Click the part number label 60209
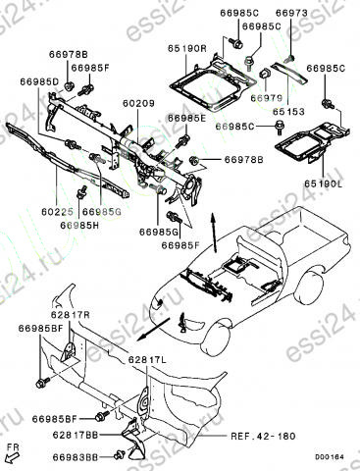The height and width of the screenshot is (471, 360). pyautogui.click(x=138, y=103)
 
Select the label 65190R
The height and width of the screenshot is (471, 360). pyautogui.click(x=187, y=49)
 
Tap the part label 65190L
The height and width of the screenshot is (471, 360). pyautogui.click(x=323, y=184)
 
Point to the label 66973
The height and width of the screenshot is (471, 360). pyautogui.click(x=291, y=13)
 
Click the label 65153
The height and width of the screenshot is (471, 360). pyautogui.click(x=288, y=112)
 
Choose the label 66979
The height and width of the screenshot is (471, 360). pyautogui.click(x=267, y=98)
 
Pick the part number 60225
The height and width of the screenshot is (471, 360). pyautogui.click(x=57, y=212)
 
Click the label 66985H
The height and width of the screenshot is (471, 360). pyautogui.click(x=79, y=226)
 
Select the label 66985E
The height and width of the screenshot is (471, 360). pyautogui.click(x=187, y=119)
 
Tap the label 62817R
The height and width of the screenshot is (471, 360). pyautogui.click(x=71, y=315)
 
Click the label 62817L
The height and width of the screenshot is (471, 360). pyautogui.click(x=147, y=360)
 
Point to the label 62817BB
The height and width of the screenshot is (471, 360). pyautogui.click(x=76, y=436)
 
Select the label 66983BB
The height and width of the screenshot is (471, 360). pyautogui.click(x=76, y=458)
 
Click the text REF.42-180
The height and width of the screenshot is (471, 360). pyautogui.click(x=263, y=436)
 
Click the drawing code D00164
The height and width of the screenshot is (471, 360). pyautogui.click(x=330, y=457)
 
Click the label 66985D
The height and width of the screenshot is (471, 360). pyautogui.click(x=39, y=81)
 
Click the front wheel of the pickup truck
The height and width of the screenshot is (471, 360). pyautogui.click(x=216, y=340)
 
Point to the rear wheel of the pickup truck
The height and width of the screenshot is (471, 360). pyautogui.click(x=309, y=287)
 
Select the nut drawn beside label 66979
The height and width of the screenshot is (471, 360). pyautogui.click(x=264, y=74)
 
